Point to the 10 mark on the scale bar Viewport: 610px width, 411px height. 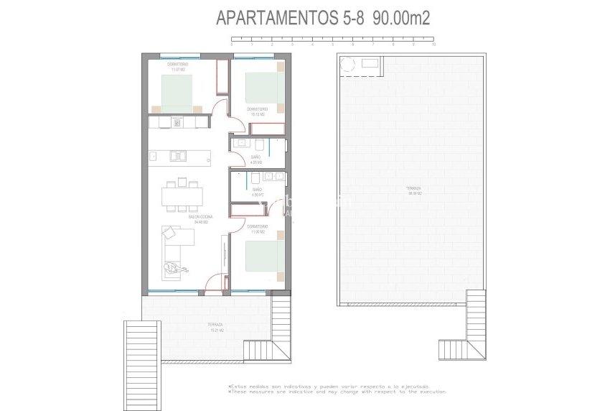433,45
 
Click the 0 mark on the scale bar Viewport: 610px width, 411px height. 232,45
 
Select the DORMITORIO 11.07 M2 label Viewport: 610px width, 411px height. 177,67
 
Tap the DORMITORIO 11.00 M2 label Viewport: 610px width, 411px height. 256,230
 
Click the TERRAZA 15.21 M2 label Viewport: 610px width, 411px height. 215,327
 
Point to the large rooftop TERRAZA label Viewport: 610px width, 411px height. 413,191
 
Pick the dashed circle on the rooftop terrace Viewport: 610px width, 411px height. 348,65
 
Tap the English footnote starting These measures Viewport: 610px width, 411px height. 337,392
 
